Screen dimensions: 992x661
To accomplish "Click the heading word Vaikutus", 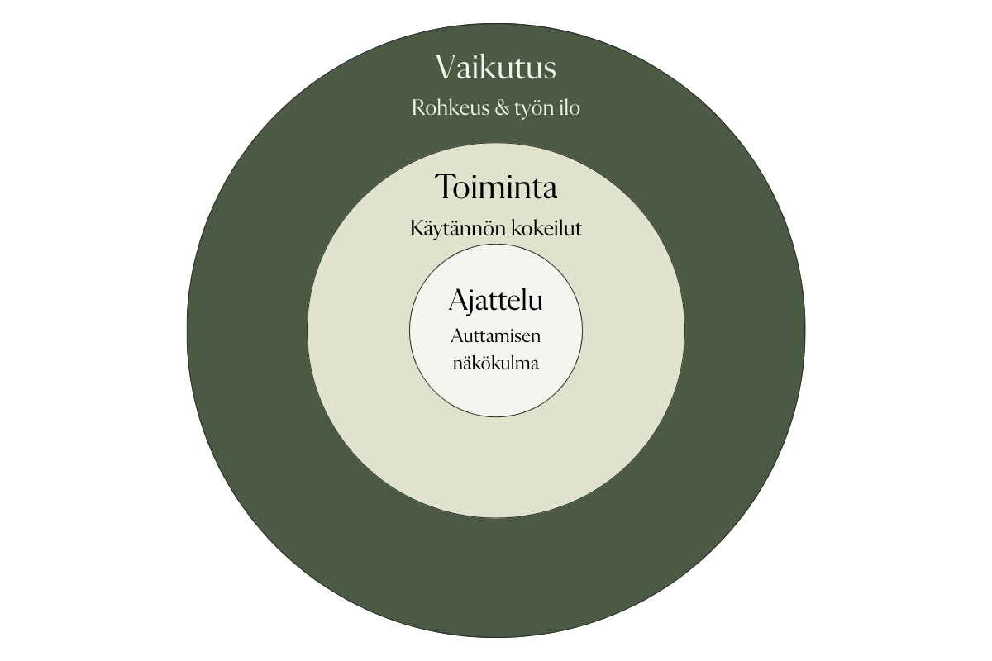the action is click(495, 67).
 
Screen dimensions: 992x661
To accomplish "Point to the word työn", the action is click(533, 109).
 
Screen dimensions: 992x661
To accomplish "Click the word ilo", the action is click(570, 108).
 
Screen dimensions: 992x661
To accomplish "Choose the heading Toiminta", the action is click(496, 188).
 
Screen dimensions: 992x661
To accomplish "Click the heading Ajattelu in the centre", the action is click(495, 301).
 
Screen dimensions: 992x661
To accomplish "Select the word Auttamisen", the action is click(496, 337).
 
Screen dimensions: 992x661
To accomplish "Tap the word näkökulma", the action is click(496, 363).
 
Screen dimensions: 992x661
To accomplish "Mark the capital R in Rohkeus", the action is click(417, 108).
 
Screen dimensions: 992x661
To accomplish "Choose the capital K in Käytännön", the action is click(416, 228).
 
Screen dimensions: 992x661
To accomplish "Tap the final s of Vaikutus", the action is click(548, 69).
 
